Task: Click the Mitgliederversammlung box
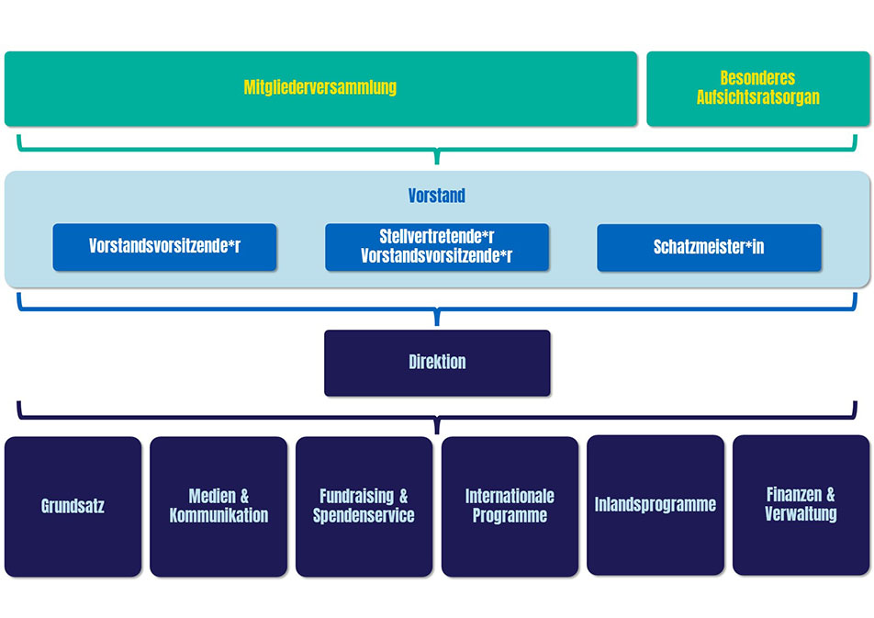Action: tap(320, 89)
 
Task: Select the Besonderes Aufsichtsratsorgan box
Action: tap(757, 89)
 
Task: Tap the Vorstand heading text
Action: tap(437, 196)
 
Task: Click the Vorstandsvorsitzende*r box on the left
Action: tap(164, 247)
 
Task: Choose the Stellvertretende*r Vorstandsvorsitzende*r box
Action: tap(437, 247)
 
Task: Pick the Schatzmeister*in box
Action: tap(709, 247)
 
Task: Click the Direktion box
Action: tap(437, 363)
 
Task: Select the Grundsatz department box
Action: tap(73, 506)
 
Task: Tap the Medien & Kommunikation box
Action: tap(218, 506)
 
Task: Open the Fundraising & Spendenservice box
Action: tap(364, 506)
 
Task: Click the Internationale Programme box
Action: tap(510, 506)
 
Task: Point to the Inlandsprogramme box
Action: tap(655, 505)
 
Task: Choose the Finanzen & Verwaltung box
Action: tap(801, 505)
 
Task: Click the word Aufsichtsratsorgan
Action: tap(757, 97)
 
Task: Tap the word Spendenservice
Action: tap(364, 515)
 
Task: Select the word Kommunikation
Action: tap(218, 515)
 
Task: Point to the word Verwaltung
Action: tap(801, 514)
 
